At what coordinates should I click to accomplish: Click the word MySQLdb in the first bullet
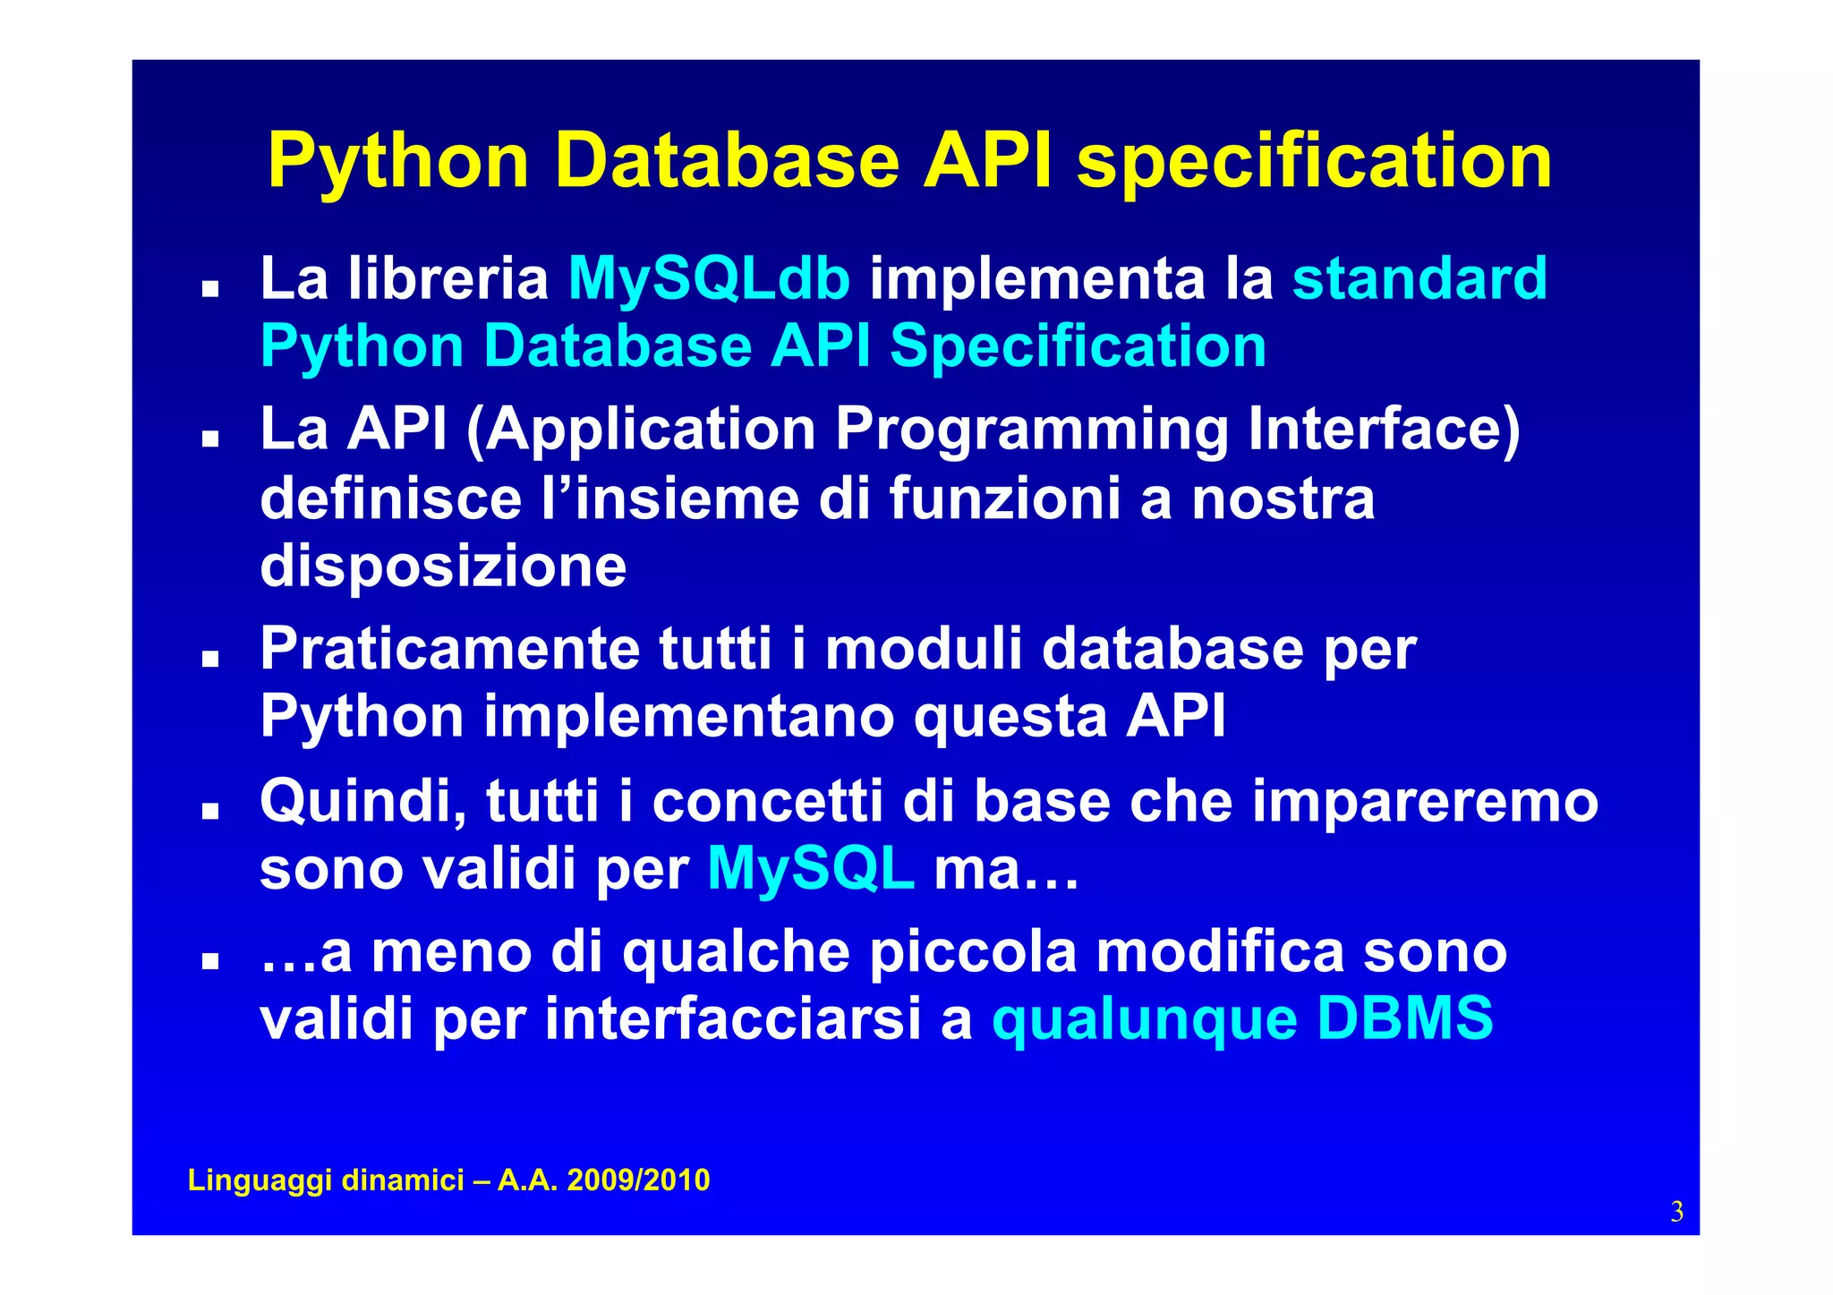tap(709, 279)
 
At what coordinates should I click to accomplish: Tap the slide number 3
tap(1676, 1212)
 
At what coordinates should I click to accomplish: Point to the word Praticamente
tap(449, 649)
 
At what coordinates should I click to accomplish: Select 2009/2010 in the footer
tap(638, 1180)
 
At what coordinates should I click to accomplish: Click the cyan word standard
tap(1420, 279)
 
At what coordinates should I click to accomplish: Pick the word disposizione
tap(443, 567)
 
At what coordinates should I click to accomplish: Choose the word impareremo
tap(1425, 801)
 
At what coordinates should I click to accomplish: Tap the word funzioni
tap(1004, 498)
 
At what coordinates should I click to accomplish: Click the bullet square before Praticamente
tap(210, 660)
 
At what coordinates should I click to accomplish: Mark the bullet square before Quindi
tap(210, 811)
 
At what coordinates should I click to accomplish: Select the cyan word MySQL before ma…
tap(810, 869)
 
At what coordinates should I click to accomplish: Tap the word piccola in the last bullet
tap(974, 951)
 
